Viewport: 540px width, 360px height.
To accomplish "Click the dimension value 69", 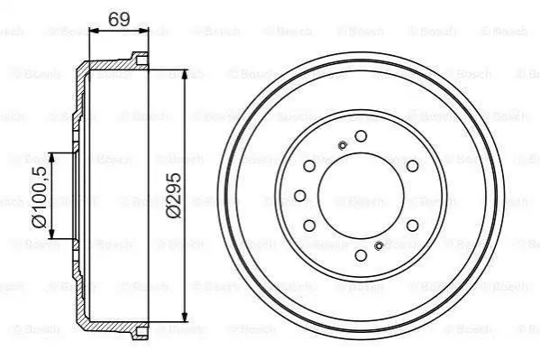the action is coord(119,19).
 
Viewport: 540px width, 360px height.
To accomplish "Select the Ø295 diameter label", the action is coord(174,195).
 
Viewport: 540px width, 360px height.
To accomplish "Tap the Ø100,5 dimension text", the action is coord(40,197).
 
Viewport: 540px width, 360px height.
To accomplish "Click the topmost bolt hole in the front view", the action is coord(361,136).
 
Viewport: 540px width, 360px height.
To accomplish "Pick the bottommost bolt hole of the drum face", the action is coord(361,255).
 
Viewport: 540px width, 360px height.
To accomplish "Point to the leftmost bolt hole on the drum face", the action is coord(300,196).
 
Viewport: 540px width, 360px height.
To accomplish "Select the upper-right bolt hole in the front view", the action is coord(412,166).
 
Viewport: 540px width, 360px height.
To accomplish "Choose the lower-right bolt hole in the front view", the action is coord(412,226).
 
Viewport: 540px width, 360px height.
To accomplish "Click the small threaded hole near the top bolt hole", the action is coord(343,145).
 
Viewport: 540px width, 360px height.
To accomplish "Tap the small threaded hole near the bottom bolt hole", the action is coord(379,245).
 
